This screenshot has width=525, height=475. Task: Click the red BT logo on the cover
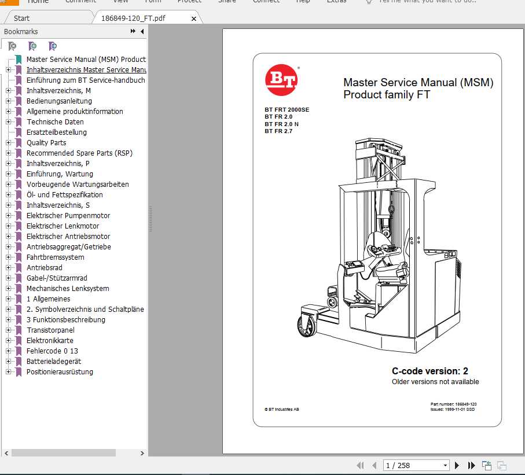[281, 80]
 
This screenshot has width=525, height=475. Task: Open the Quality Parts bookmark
[46, 143]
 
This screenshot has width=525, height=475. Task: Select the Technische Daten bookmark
[55, 122]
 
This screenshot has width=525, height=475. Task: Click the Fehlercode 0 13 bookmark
[52, 351]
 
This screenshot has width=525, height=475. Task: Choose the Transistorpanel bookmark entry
[50, 330]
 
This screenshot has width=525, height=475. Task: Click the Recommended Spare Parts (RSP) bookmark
[79, 153]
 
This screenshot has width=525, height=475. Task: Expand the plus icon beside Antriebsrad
[8, 268]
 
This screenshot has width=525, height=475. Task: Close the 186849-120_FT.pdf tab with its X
[194, 19]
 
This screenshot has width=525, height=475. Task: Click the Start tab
[22, 19]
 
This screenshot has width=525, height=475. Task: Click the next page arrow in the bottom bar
[457, 465]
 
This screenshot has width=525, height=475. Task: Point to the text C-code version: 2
[429, 371]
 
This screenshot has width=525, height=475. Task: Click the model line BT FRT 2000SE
[287, 109]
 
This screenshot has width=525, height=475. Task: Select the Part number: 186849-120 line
[453, 404]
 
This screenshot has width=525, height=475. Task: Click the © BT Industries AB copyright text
[282, 409]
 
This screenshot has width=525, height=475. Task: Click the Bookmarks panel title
[21, 32]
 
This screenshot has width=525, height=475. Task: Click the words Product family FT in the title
[387, 95]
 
